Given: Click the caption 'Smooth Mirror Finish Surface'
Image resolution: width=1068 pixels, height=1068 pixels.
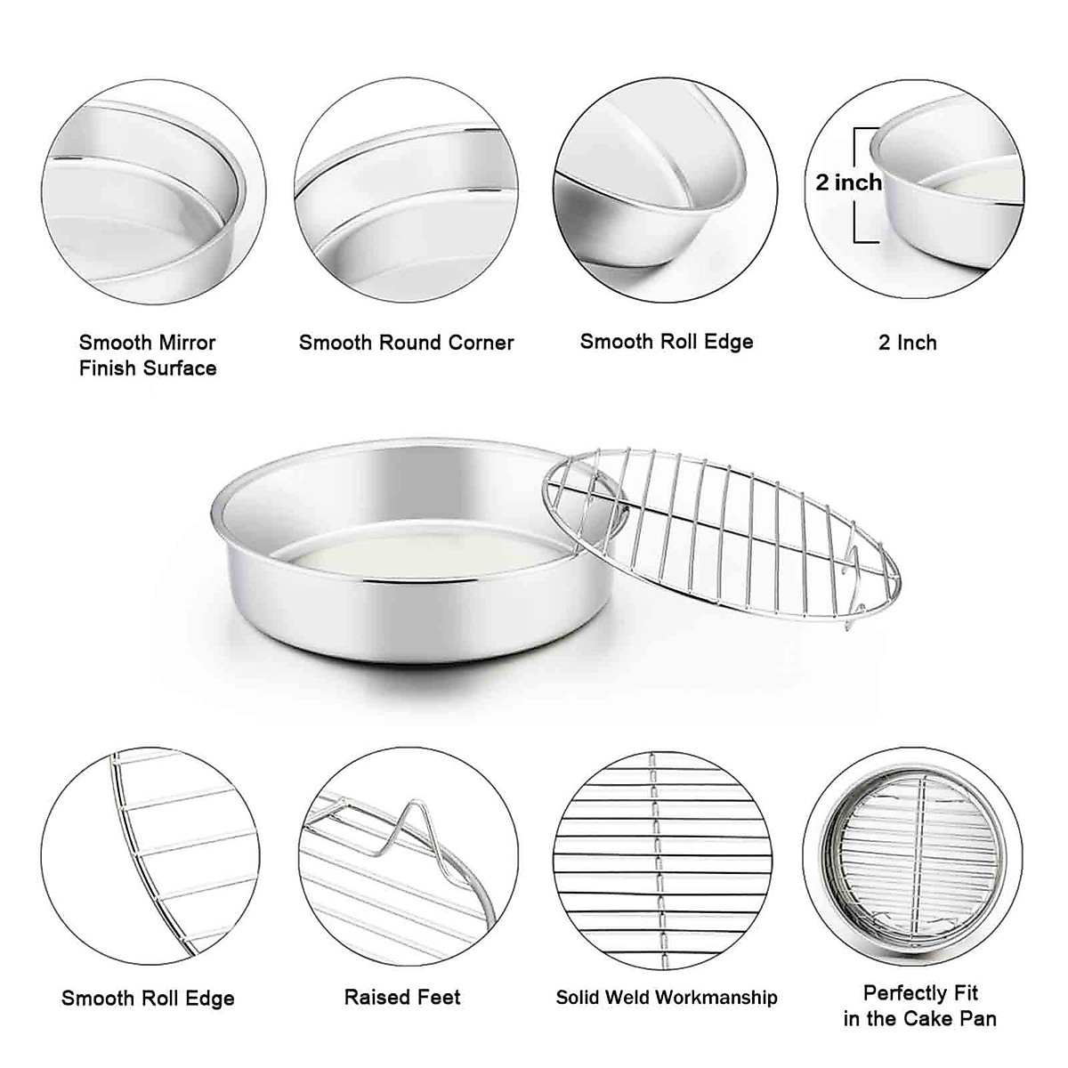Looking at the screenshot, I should (x=148, y=355).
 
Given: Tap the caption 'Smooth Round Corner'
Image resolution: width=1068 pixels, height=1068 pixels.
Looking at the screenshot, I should (x=407, y=343).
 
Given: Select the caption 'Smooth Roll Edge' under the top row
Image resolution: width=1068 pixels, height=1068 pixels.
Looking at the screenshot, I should (x=667, y=342).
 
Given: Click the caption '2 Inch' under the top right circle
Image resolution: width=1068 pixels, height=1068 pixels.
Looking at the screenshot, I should (x=907, y=343).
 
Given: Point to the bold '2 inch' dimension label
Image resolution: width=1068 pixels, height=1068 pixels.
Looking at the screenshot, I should (x=848, y=182).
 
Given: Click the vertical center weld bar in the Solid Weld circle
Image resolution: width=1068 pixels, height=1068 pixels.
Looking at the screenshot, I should (x=656, y=859).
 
